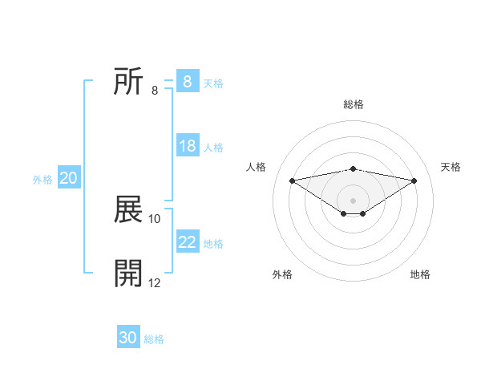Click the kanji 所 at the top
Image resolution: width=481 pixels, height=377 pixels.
pos(129,83)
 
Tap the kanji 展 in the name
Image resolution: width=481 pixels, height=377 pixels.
pos(129,211)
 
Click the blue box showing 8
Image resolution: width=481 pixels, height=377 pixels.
pos(187,82)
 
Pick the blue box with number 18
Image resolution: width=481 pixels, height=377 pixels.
pos(188,146)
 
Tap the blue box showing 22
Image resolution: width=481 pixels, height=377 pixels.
pos(188,242)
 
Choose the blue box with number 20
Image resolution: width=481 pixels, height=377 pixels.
pos(68,178)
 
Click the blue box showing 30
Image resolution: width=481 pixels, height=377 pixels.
pos(128,338)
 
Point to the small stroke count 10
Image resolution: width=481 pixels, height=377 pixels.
pos(155,218)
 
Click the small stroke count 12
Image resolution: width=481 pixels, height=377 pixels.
pos(155,282)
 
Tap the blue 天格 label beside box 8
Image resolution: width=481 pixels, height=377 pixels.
pos(213,83)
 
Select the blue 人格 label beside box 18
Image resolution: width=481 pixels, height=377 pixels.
pos(213,148)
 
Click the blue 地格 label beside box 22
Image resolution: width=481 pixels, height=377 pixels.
pos(213,244)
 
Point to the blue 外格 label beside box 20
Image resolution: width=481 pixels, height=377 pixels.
pos(42,180)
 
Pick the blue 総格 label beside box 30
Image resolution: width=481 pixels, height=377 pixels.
pos(154,339)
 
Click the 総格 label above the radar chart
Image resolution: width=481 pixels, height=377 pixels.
pos(353,104)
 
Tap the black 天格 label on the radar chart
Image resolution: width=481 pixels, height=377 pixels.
pos(451,167)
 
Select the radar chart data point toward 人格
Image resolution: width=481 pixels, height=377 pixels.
pos(292,180)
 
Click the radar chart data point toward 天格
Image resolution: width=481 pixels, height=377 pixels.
pos(414,180)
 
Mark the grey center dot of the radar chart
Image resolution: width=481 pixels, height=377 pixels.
pos(353,200)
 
